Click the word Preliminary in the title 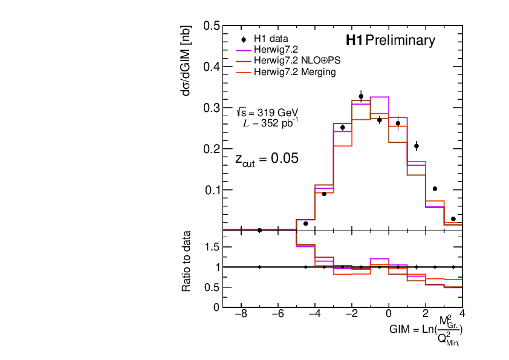[400, 41]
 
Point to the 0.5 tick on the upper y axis [211, 26]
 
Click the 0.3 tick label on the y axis [211, 108]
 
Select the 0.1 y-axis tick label [211, 190]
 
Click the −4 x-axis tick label [314, 315]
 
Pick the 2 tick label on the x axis [426, 315]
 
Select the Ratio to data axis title [188, 261]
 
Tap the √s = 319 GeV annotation [268, 113]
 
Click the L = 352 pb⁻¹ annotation [270, 123]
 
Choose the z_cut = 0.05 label [267, 159]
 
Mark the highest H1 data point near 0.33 [361, 96]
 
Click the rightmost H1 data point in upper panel [453, 218]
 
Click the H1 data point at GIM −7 [259, 230]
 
